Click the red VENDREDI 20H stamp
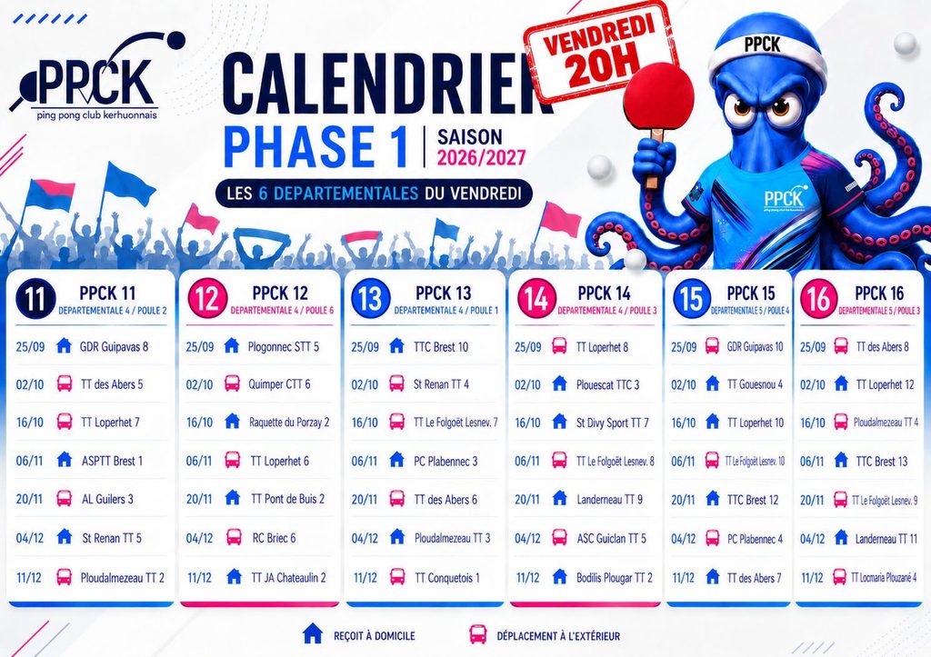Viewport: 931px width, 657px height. click(600, 51)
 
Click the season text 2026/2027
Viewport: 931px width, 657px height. click(482, 157)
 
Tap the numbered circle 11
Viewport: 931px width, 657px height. click(35, 299)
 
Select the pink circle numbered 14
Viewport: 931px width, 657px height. click(536, 299)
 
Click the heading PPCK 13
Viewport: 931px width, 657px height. click(443, 294)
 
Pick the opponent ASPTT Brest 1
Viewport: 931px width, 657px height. click(112, 461)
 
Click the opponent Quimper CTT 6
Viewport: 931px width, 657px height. click(279, 384)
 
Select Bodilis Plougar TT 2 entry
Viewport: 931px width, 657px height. click(614, 577)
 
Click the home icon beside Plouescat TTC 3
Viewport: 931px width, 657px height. click(559, 383)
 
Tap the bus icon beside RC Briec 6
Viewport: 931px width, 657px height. click(234, 538)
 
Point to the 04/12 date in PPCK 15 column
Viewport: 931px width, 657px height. click(684, 539)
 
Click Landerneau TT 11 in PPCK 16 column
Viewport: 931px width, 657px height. click(886, 539)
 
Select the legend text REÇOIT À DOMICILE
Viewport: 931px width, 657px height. click(374, 636)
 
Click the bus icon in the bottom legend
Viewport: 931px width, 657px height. click(478, 634)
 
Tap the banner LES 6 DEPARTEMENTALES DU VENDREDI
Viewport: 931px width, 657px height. click(374, 194)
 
